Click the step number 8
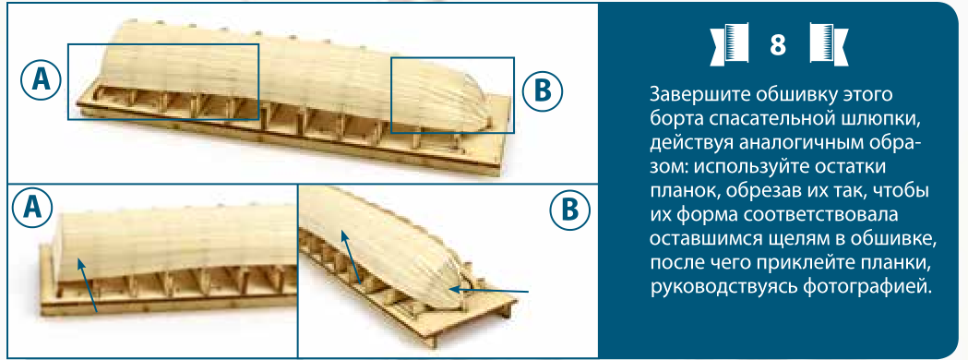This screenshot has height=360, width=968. click(778, 44)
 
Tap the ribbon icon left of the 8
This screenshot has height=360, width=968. click(729, 44)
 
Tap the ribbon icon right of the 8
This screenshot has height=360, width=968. click(828, 44)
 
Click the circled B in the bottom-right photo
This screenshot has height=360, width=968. click(569, 211)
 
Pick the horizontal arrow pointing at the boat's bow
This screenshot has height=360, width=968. click(489, 289)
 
